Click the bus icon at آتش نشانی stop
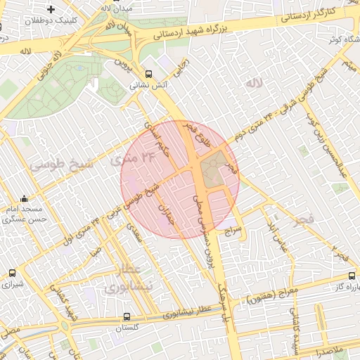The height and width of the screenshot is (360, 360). (x=148, y=73)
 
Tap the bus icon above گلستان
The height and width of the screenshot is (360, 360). (x=127, y=316)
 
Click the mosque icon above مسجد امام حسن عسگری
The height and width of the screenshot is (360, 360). (x=25, y=198)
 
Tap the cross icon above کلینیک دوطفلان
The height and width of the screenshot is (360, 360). (x=51, y=9)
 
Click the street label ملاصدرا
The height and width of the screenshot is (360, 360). (x=328, y=349)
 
